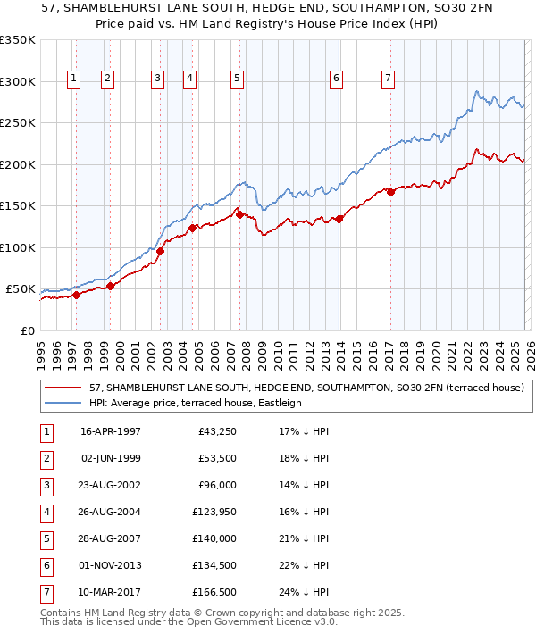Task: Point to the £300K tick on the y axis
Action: (18, 81)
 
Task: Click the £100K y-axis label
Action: (18, 247)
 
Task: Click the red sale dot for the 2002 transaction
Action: (161, 251)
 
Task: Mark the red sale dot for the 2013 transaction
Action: (339, 219)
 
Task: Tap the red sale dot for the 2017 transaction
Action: (390, 192)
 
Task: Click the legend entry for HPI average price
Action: (196, 403)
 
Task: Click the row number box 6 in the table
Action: (46, 565)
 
